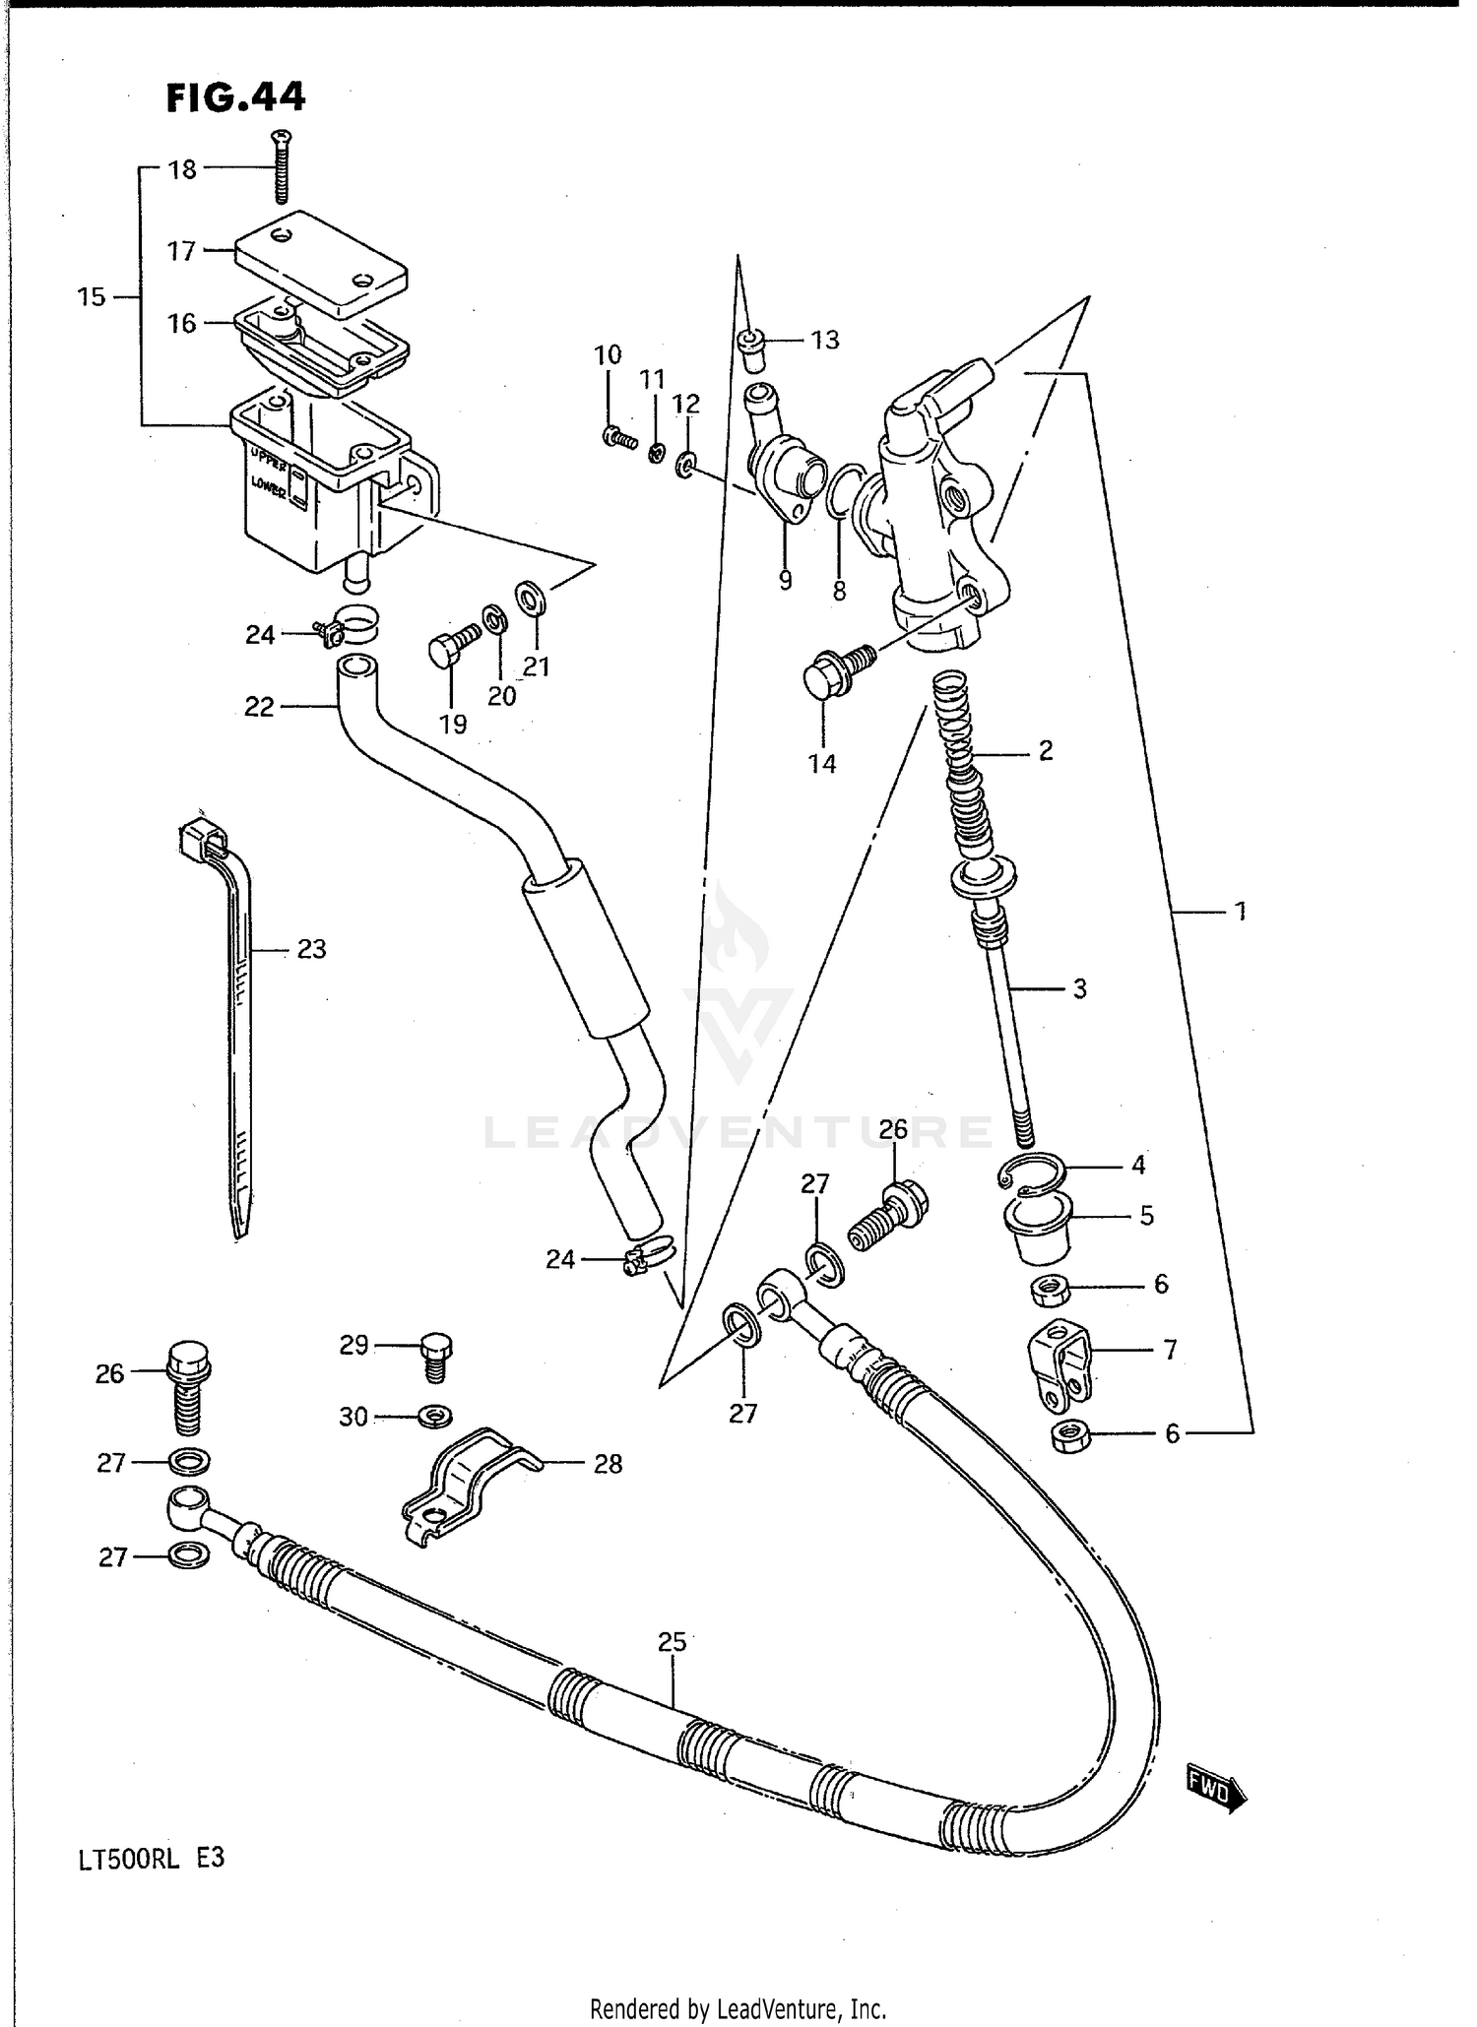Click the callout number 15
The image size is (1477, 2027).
92,296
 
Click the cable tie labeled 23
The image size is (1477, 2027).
236,1024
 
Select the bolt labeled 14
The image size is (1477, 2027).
831,673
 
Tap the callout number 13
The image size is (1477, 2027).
824,341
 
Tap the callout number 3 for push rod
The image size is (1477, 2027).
1079,988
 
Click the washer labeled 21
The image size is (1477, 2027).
532,597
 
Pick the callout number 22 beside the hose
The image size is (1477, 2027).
259,707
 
